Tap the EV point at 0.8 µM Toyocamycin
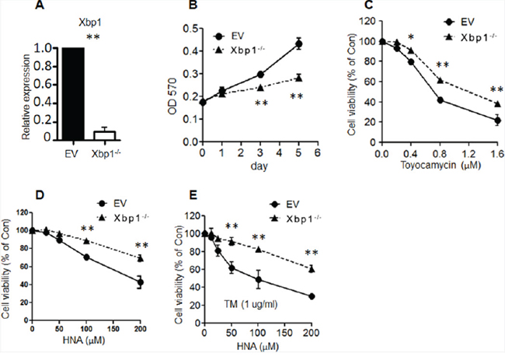(440, 100)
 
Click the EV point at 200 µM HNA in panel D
(140, 282)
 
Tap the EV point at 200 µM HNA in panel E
(312, 295)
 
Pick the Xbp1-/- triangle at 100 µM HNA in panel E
(258, 250)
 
